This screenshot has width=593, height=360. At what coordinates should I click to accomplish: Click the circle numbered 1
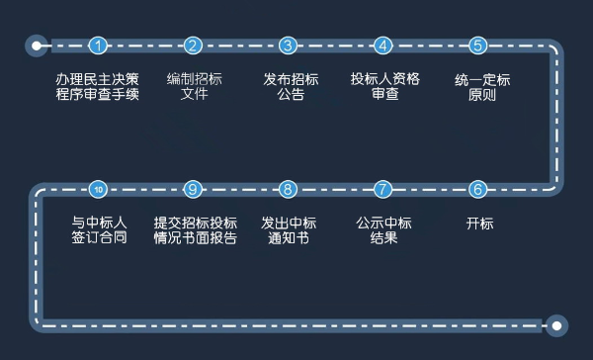point(98,45)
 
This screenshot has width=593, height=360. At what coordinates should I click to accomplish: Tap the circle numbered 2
point(193,45)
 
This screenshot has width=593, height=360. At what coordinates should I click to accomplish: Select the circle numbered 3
point(288,45)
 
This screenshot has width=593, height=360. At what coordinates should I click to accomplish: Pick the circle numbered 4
point(383,45)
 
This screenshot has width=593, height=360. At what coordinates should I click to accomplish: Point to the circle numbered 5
point(478,45)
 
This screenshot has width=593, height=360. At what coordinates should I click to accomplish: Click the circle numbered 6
point(478,189)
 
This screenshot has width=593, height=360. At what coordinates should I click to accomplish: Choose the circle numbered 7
point(383,189)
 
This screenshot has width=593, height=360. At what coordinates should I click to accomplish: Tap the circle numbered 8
point(288,189)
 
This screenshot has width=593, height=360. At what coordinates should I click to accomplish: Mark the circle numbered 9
point(193,189)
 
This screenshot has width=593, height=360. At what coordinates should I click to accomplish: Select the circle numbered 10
point(98,189)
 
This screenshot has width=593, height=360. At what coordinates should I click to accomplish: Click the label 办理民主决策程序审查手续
point(98,87)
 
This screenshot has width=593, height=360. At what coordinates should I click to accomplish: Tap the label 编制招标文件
point(194,87)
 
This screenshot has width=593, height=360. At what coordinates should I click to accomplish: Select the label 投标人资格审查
point(384,87)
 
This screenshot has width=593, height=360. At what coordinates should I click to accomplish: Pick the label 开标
point(479,224)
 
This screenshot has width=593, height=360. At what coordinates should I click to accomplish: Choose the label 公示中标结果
point(383,230)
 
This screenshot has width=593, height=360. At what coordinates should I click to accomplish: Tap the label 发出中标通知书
point(288,230)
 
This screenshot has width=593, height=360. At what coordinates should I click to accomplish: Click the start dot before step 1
point(38,45)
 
